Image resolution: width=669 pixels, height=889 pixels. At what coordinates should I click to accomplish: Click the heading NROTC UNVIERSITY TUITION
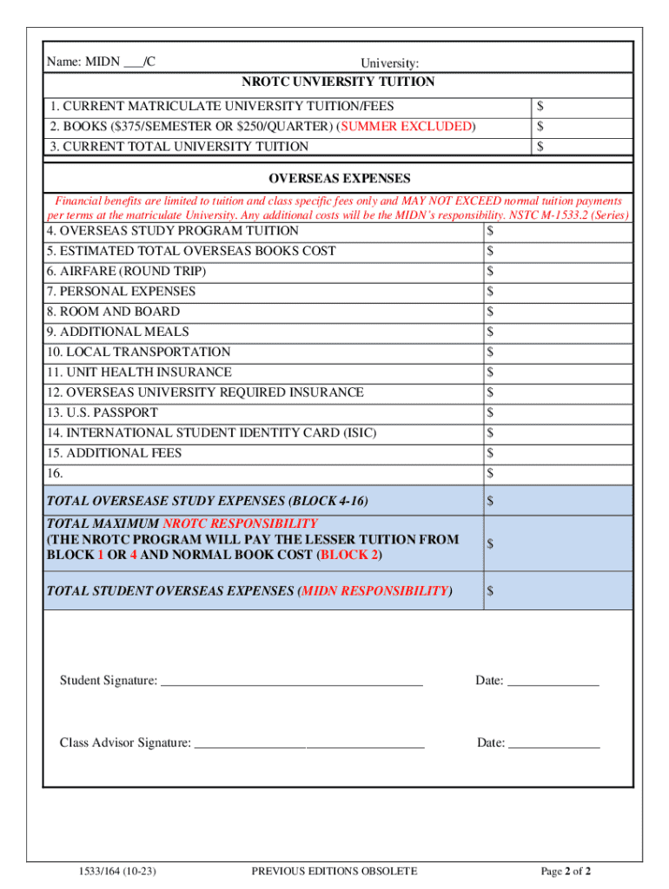(338, 82)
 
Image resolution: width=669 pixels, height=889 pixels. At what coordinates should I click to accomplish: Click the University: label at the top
(390, 63)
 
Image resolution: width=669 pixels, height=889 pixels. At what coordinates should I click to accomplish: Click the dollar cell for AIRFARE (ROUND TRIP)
(557, 272)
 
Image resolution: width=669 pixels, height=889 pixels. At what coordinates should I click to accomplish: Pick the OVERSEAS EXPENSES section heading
(338, 179)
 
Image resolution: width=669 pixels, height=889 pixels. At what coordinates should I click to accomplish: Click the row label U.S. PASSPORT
(103, 412)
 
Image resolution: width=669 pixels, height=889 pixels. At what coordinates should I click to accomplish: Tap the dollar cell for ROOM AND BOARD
(557, 312)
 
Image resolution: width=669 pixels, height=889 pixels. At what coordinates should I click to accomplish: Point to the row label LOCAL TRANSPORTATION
(139, 352)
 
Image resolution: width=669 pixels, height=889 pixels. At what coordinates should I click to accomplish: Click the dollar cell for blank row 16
(557, 473)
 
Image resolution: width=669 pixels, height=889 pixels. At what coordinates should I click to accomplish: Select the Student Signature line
(292, 682)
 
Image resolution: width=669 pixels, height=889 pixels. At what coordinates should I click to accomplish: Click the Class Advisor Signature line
(308, 743)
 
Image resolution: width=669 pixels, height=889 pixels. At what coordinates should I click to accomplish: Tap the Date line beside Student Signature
(553, 682)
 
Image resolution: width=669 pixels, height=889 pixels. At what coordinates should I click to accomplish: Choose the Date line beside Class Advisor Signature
(553, 743)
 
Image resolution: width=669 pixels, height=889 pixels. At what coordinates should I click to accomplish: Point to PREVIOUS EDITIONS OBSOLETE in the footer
(334, 871)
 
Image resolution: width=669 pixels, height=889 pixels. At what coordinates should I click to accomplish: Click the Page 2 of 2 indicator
(566, 871)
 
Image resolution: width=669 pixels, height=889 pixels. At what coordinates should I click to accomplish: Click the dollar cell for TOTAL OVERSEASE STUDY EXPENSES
(557, 501)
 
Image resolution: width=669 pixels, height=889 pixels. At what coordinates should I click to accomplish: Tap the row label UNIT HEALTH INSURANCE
(140, 372)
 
